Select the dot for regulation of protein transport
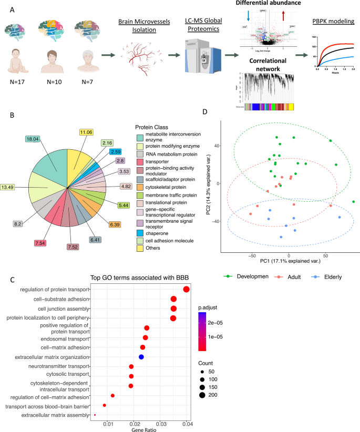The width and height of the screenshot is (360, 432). pyautogui.click(x=187, y=290)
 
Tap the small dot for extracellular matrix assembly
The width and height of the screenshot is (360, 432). pyautogui.click(x=95, y=415)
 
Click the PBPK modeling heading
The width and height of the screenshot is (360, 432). pyautogui.click(x=332, y=22)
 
